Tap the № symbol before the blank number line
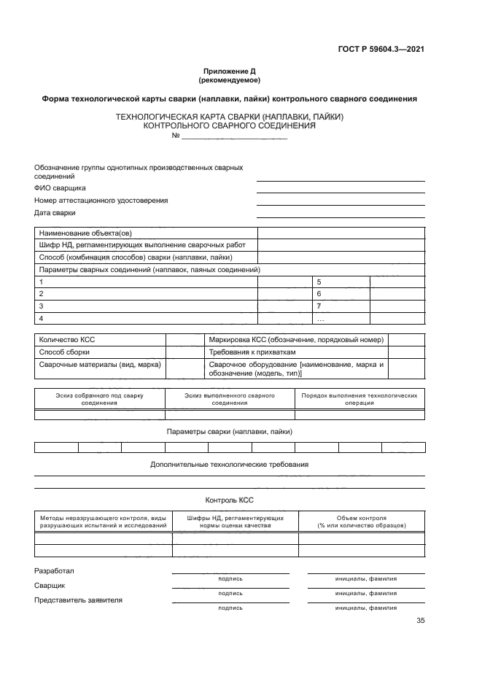tap(175, 136)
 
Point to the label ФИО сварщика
tap(60, 187)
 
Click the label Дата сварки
tap(55, 213)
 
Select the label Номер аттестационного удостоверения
tap(101, 200)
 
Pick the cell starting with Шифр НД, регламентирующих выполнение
tap(142, 245)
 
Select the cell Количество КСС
tap(67, 340)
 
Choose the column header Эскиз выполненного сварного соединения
tap(230, 399)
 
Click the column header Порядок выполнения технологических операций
tap(359, 399)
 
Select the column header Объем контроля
tap(362, 522)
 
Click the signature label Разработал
tap(55, 570)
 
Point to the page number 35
tap(420, 621)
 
